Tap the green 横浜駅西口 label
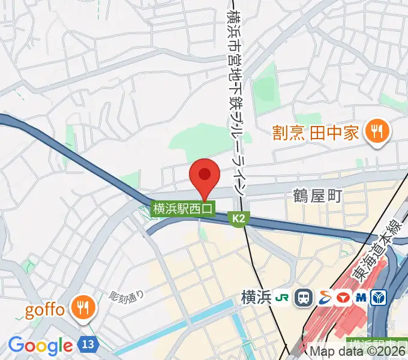182,209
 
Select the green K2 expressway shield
239,220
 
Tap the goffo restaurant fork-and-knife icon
82,309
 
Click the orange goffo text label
44,310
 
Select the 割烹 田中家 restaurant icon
376,131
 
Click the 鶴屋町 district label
317,196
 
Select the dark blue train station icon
304,296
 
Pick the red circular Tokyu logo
343,296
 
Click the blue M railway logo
362,296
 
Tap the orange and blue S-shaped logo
323,296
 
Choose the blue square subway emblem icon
380,296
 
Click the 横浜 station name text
254,296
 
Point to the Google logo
40,346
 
